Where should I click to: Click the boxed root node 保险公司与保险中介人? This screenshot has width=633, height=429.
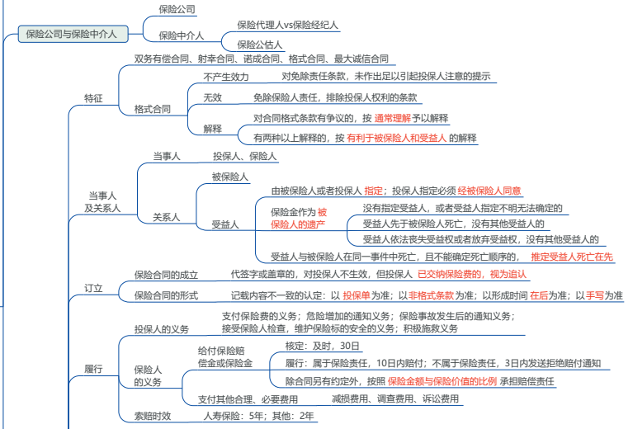(73, 34)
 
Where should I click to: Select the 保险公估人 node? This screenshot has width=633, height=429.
(260, 45)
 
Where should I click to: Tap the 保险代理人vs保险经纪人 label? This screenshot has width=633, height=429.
(287, 25)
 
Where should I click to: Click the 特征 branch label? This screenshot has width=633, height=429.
(93, 98)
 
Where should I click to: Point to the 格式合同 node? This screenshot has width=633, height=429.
(152, 109)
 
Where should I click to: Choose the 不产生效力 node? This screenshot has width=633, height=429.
(226, 77)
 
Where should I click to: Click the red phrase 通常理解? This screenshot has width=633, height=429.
(392, 118)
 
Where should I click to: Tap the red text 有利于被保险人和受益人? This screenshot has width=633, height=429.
(396, 138)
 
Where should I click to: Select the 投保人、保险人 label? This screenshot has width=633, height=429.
(244, 156)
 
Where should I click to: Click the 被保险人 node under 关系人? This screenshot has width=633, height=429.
(229, 177)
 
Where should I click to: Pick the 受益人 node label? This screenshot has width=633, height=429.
(225, 224)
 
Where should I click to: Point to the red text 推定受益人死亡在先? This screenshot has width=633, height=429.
(572, 257)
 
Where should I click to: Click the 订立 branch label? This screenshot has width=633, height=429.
(93, 288)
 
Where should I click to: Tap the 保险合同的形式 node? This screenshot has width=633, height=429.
(166, 295)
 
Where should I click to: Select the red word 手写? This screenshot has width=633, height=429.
(595, 295)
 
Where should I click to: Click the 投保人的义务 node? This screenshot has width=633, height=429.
(162, 329)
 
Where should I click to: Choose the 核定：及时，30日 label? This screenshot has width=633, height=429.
(322, 346)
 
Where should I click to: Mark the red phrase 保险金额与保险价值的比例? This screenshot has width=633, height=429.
(442, 381)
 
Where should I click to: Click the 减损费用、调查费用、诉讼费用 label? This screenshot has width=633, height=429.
(395, 399)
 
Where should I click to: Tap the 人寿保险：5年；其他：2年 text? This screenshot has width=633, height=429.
(258, 416)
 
